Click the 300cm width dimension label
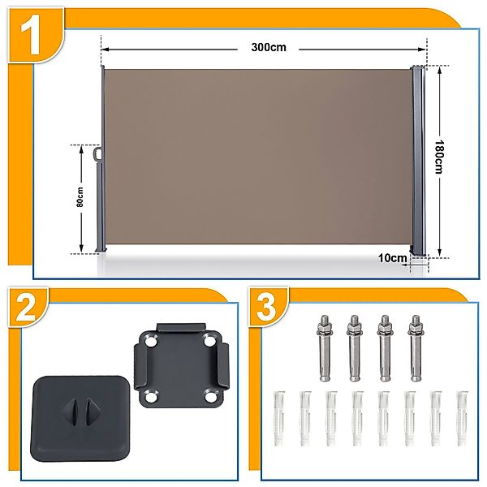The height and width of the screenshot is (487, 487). coord(269,48)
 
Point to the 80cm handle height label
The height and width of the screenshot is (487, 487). coord(80,197)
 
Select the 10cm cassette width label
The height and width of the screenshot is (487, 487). coord(393,258)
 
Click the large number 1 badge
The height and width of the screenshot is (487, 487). coord(31,35)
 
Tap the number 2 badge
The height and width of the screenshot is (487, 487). coord(26,308)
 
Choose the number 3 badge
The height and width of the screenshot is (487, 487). coord(267,307)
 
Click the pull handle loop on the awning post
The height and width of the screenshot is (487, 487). coord(98,153)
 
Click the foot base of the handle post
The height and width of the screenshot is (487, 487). coord(101,249)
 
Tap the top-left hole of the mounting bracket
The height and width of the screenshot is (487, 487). coord(151,342)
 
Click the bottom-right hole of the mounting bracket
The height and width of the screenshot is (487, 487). coord(211,397)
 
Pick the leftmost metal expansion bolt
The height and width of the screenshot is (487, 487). coord(325,348)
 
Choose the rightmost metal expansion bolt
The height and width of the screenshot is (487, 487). coord(416,348)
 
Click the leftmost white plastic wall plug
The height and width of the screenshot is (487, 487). coord(278,418)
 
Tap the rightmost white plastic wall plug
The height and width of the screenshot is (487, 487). coord(463,418)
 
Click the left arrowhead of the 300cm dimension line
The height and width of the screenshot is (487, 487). coord(106,50)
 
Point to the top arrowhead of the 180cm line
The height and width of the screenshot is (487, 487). coord(439,70)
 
